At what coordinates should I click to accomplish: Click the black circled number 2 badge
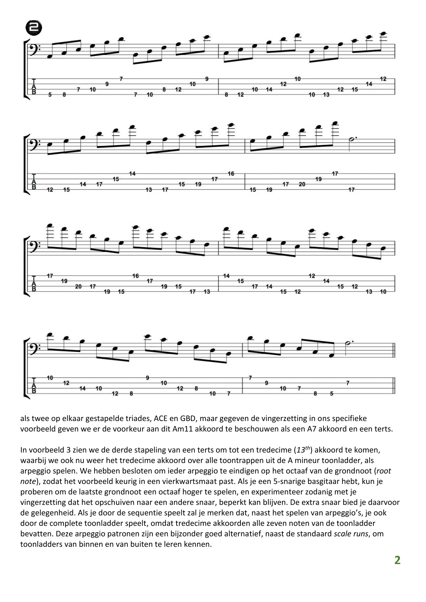(x=34, y=28)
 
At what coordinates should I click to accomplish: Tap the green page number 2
(x=397, y=560)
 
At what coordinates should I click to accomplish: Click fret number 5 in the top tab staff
(x=50, y=94)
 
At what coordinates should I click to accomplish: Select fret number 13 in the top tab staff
(x=326, y=94)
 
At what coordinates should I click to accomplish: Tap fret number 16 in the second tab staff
(x=231, y=174)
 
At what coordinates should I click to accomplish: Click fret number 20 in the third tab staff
(x=78, y=286)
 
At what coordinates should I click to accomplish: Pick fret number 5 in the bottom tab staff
(x=332, y=394)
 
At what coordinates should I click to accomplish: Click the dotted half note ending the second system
(x=351, y=140)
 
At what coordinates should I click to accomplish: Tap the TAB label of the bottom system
(x=34, y=385)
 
